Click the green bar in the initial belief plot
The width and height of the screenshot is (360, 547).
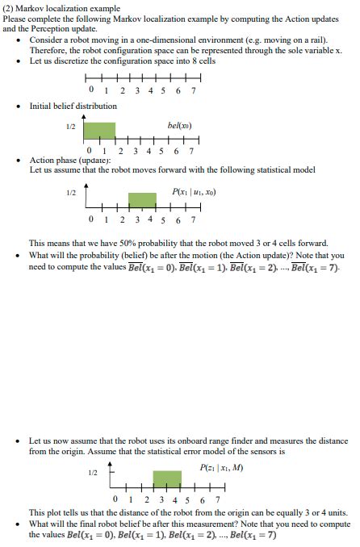(100, 130)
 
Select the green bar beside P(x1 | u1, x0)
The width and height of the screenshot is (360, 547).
(142, 200)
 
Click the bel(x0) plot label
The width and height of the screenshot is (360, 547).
(179, 126)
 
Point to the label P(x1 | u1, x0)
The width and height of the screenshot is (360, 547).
(194, 192)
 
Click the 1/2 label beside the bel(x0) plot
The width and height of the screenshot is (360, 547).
(71, 127)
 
